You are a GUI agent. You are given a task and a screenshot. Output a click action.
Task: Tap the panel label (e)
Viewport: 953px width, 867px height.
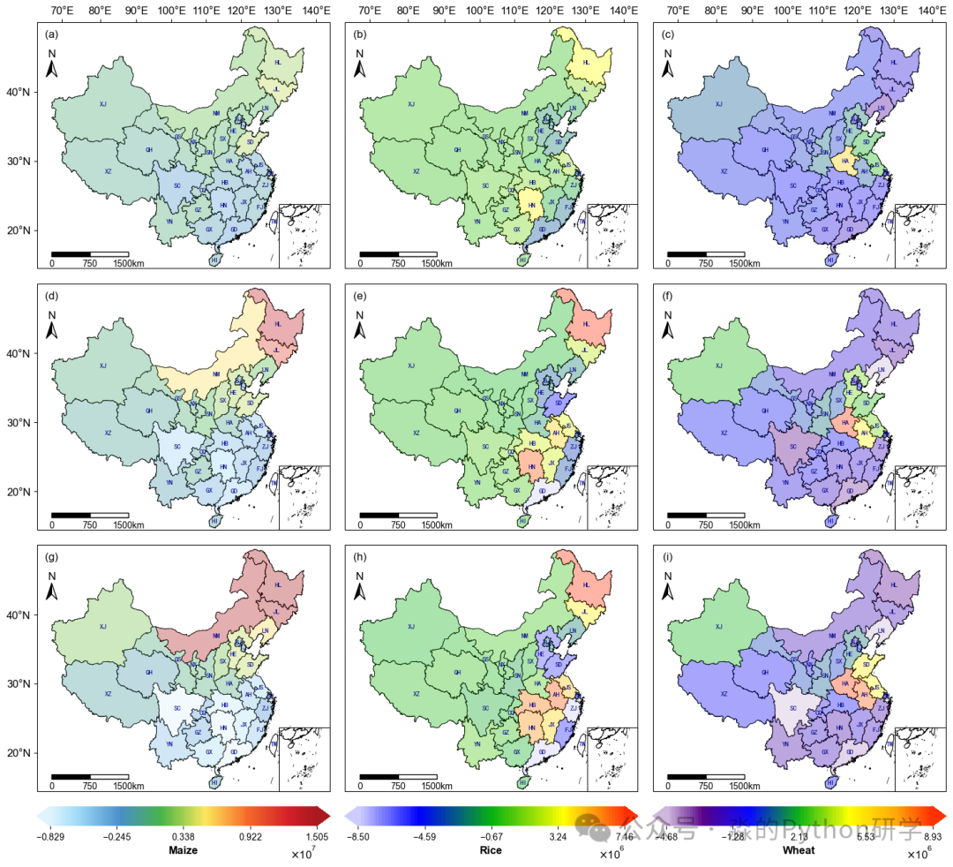pos(359,296)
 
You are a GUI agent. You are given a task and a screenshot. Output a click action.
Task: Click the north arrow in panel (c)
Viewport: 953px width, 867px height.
pos(668,64)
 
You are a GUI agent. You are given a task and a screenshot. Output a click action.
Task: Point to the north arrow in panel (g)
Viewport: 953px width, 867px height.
pos(52,586)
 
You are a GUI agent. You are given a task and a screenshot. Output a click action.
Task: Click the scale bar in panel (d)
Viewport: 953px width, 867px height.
pos(90,515)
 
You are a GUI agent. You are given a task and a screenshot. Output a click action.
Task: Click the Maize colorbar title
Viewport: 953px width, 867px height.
pos(183,851)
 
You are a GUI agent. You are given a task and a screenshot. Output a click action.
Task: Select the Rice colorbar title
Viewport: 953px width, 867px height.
pos(491,851)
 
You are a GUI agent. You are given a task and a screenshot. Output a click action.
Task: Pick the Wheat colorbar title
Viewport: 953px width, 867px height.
pos(799,851)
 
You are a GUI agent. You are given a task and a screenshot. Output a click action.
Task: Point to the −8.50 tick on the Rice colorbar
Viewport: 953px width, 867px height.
pos(357,837)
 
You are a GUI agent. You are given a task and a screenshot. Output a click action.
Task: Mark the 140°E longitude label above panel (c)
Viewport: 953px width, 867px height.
pos(931,11)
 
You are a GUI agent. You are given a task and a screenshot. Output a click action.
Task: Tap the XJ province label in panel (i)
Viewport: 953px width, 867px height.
pos(719,627)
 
